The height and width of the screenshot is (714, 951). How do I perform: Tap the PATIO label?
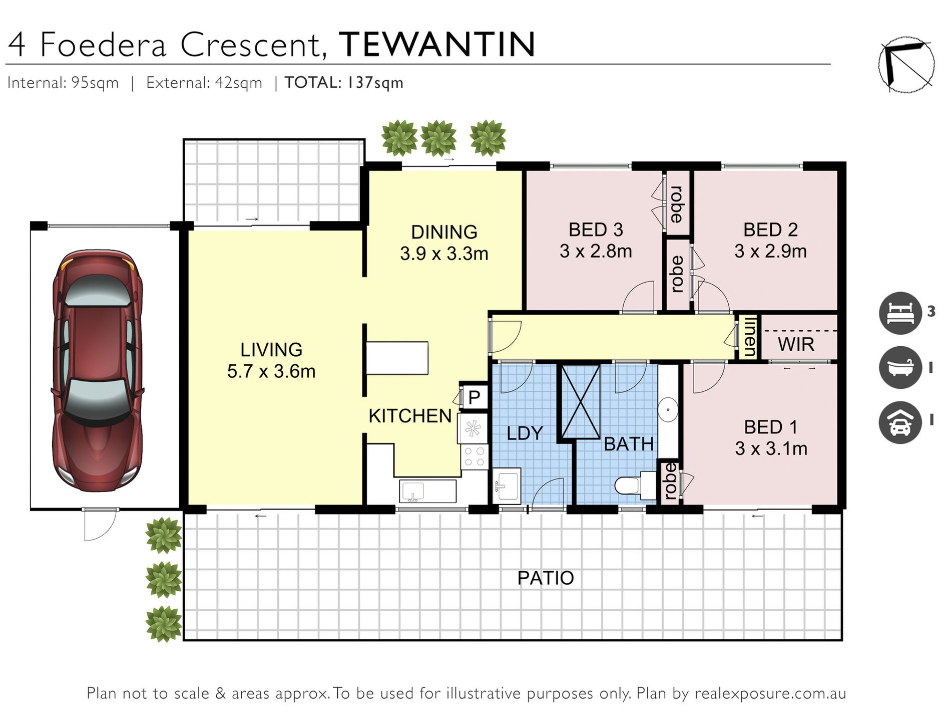(545, 578)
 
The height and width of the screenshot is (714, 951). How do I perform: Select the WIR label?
(796, 345)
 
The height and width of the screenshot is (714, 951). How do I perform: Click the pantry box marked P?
(474, 397)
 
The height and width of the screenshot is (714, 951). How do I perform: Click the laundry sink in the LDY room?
(507, 485)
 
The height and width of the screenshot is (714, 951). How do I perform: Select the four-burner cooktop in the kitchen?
(474, 456)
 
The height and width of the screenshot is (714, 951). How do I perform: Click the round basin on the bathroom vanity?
(667, 409)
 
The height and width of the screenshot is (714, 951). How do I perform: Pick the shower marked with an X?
(581, 402)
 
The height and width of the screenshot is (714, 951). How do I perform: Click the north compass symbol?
(906, 64)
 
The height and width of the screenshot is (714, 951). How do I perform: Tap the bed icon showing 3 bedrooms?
(900, 313)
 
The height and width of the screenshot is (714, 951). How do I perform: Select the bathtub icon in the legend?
(900, 367)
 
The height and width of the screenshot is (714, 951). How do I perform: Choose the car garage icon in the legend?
(900, 422)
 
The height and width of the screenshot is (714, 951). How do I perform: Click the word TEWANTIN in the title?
(437, 45)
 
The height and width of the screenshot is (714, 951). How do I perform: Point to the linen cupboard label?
(749, 336)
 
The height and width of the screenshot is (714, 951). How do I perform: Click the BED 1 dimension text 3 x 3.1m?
(771, 448)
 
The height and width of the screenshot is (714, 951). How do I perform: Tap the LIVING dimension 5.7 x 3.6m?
(271, 371)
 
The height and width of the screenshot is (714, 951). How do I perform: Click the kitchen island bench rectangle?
(397, 358)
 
